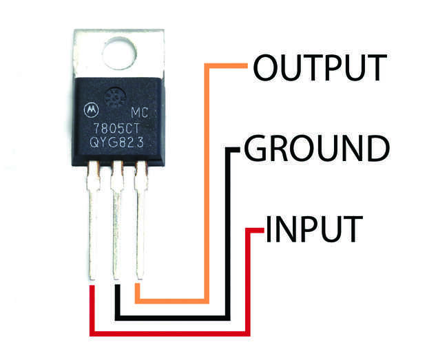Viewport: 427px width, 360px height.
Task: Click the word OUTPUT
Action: click(320, 67)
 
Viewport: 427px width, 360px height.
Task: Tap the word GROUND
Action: click(317, 148)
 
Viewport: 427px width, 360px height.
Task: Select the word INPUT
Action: click(314, 229)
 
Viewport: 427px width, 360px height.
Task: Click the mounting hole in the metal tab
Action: click(120, 53)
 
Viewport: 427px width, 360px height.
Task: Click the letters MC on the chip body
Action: click(139, 112)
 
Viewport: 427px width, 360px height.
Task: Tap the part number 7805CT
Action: click(117, 129)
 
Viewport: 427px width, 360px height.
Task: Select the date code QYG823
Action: click(116, 142)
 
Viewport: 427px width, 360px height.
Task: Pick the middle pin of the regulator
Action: click(117, 220)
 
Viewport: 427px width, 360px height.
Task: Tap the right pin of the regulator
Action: click(140, 220)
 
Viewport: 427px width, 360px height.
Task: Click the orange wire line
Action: click(207, 183)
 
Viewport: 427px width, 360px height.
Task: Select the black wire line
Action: click(228, 233)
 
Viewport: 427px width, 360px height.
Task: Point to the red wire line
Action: click(170, 333)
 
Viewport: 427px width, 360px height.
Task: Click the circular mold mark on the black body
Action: click(115, 97)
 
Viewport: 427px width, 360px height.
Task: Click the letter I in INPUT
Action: click(269, 229)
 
